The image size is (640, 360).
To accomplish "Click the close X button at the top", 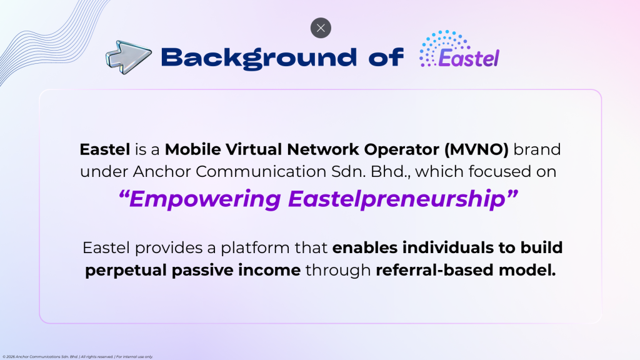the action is click(x=321, y=27).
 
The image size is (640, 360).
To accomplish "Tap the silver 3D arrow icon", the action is click(x=129, y=57).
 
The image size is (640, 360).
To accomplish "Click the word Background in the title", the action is click(x=259, y=58).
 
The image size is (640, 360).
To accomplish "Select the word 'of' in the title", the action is click(x=386, y=57).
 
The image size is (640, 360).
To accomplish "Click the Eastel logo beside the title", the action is click(x=459, y=49).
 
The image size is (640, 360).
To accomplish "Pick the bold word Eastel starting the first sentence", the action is click(x=105, y=149).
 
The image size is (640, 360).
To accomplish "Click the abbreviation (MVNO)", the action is click(x=477, y=150).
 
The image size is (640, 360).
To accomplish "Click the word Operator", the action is click(x=402, y=150).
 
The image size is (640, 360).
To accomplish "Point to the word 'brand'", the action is click(x=537, y=149).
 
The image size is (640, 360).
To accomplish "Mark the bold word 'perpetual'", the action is click(x=126, y=271).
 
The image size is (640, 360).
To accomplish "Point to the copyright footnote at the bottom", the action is click(x=77, y=357).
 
